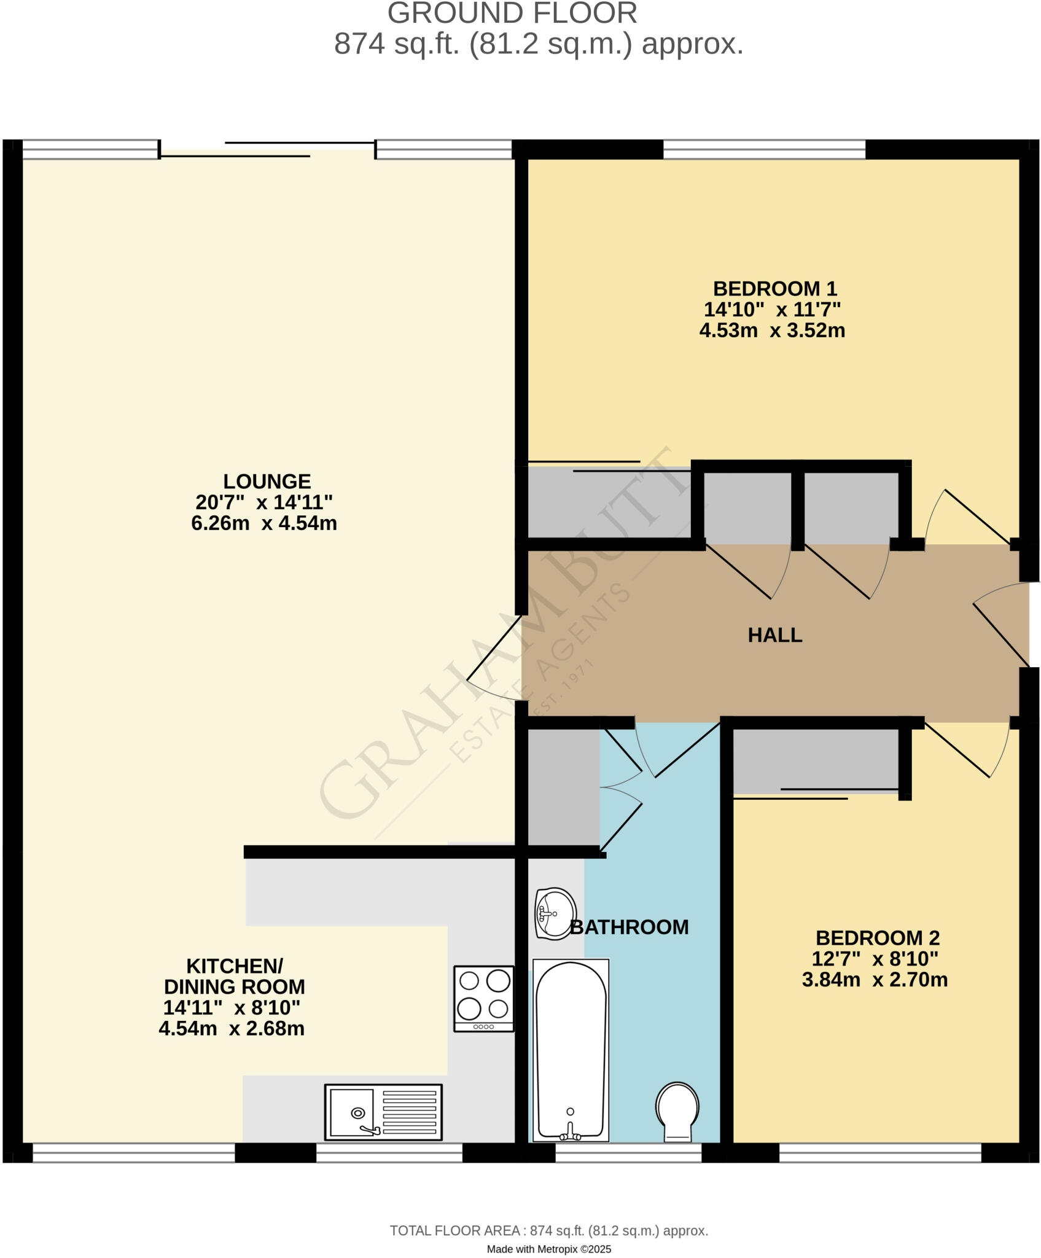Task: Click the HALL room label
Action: click(774, 635)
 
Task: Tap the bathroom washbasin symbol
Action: click(555, 913)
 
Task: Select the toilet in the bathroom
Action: click(677, 1112)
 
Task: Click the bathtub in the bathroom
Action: click(571, 1050)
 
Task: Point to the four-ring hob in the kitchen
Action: click(483, 998)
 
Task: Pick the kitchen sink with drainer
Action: click(383, 1112)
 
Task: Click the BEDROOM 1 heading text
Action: click(774, 289)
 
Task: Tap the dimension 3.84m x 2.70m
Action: click(875, 980)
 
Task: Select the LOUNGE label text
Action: click(267, 482)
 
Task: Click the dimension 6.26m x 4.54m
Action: click(264, 523)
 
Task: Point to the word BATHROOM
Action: click(630, 927)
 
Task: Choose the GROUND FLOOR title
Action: click(512, 14)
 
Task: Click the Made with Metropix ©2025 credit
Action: click(548, 1249)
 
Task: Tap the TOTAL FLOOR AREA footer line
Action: click(548, 1230)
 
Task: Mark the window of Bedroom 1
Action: click(764, 149)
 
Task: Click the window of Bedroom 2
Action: click(880, 1153)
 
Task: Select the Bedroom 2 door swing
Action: click(967, 752)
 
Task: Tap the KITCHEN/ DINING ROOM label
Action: click(234, 977)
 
